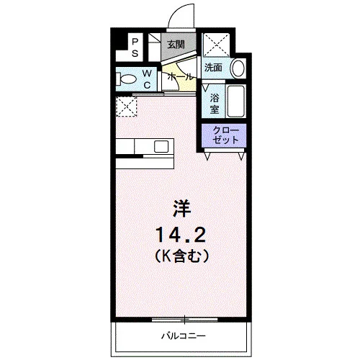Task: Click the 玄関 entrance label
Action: (x=176, y=45)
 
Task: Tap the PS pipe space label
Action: (x=135, y=48)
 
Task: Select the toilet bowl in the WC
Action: (x=127, y=79)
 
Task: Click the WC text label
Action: (x=147, y=79)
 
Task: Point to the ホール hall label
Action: (x=180, y=77)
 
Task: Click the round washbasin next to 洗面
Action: (x=238, y=68)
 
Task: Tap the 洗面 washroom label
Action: (x=213, y=68)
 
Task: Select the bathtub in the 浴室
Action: (x=236, y=101)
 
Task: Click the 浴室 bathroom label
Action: (x=215, y=104)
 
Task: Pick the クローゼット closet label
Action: (x=225, y=135)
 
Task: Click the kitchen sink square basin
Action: (x=161, y=146)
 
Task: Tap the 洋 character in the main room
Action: (x=181, y=209)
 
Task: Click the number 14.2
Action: (x=181, y=235)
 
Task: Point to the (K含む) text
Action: (x=181, y=256)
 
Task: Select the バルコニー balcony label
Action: (x=184, y=336)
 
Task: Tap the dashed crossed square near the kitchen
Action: (x=127, y=107)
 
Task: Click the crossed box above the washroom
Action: (x=216, y=45)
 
